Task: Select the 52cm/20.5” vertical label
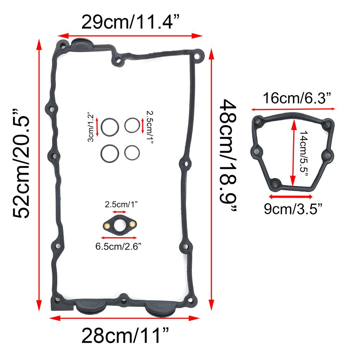pyautogui.click(x=21, y=164)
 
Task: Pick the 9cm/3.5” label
pyautogui.click(x=293, y=210)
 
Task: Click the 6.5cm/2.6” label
pyautogui.click(x=118, y=246)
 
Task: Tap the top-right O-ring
pyautogui.click(x=132, y=125)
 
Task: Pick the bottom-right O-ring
pyautogui.click(x=132, y=153)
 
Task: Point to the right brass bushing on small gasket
pyautogui.click(x=132, y=224)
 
